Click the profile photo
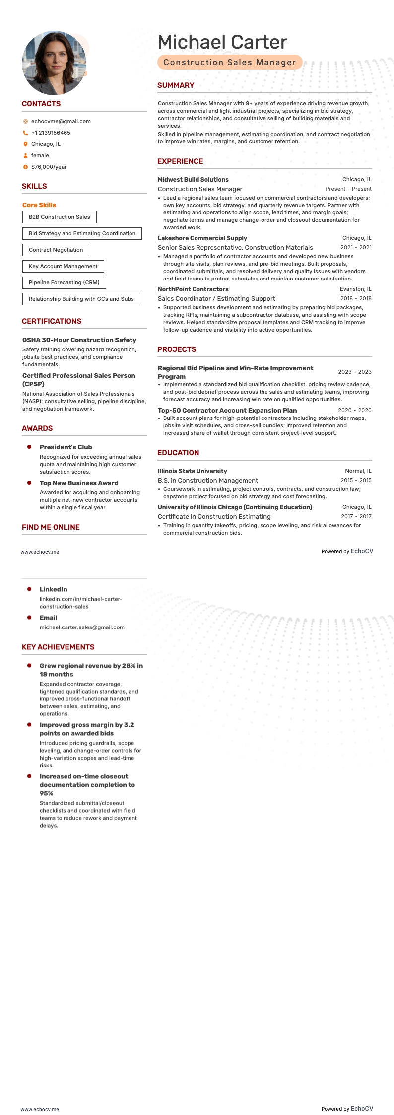54,64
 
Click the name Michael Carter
222,42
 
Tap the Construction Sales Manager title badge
229,62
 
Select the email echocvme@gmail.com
61,121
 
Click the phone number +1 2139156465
51,133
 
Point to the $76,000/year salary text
49,167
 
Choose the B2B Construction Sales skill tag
60,217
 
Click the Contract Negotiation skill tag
56,250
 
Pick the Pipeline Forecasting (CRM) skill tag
64,282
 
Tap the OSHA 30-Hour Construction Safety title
79,340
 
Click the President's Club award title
66,447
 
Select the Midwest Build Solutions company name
193,180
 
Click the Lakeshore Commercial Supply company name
202,238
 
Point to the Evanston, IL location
355,289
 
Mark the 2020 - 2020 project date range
354,410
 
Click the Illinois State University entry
192,471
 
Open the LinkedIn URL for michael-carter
80,603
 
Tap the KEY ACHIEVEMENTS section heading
58,647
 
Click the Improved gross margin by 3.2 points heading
87,729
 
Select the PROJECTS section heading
177,349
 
